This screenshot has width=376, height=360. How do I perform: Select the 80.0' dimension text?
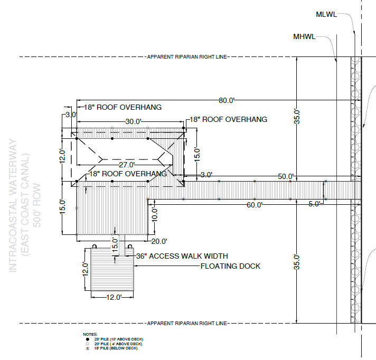click(225, 100)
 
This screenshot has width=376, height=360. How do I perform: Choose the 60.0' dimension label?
click(254, 205)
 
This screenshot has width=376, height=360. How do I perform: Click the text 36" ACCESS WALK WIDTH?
click(181, 255)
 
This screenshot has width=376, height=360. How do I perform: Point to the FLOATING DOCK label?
click(230, 266)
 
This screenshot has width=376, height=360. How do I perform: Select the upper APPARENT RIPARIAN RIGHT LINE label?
click(187, 56)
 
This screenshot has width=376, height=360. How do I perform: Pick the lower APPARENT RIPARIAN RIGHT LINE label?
click(187, 323)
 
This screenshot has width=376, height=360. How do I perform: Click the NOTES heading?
click(90, 334)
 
